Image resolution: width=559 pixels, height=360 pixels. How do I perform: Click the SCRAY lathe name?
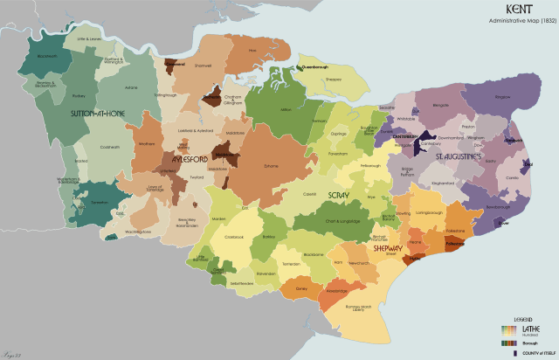coord(337,194)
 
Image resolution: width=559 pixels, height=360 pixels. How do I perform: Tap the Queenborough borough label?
coord(312,67)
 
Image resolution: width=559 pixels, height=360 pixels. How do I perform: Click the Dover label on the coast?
coord(503,223)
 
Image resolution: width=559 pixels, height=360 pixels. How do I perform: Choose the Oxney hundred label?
coord(302,287)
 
